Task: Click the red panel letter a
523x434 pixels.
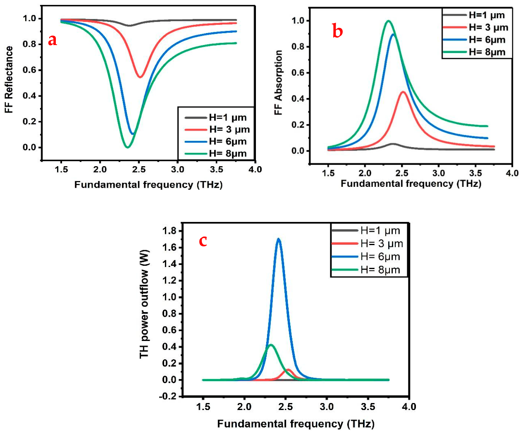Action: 53,41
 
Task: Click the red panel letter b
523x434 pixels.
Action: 337,31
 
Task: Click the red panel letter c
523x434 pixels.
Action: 203,241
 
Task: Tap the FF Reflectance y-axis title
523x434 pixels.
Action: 9,79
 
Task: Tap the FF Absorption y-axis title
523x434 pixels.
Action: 278,82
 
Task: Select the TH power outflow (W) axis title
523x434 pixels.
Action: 144,304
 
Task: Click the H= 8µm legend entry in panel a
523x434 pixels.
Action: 216,153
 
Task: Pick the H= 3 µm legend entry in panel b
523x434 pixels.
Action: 475,27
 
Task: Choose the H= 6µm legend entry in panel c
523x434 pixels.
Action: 366,257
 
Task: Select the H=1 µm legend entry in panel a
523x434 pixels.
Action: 216,117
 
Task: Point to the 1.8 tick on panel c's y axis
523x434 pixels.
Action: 170,230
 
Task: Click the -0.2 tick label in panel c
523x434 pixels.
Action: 168,396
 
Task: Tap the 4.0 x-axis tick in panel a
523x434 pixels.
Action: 255,169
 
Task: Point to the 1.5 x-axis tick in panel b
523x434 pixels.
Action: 328,173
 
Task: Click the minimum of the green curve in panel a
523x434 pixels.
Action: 127,147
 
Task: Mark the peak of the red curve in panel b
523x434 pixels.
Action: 403,92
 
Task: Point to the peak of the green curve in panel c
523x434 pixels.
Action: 271,345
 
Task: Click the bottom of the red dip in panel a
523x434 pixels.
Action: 140,77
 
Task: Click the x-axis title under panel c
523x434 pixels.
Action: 296,424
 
